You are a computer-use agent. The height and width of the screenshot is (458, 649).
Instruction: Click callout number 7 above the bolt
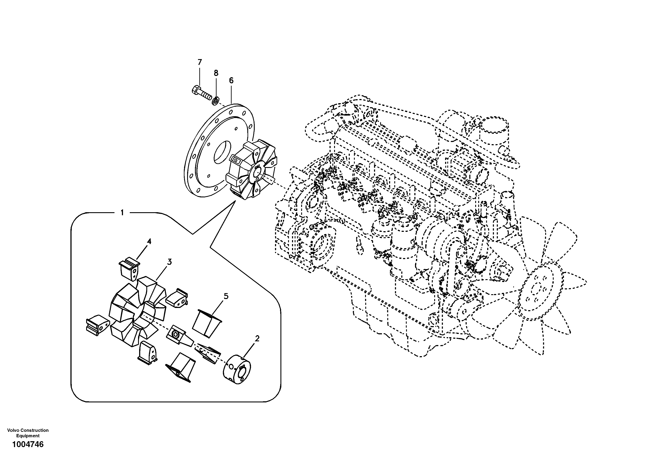200,62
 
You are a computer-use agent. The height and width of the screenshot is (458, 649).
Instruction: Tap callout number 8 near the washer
216,73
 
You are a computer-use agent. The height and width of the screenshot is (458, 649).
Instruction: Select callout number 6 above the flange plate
231,80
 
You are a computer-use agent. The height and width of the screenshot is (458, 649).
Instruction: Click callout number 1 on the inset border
122,213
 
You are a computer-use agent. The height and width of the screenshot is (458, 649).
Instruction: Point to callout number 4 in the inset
149,241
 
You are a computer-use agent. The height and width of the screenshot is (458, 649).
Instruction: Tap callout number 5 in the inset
226,296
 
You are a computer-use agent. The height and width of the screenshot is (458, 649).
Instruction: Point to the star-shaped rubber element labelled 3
137,309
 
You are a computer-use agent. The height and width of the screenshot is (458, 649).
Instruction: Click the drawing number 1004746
28,444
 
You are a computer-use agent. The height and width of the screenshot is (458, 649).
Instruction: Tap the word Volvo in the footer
12,430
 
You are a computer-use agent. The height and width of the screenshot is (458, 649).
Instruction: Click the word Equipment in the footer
28,436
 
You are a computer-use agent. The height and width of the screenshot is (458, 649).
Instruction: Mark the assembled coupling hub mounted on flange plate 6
252,173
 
